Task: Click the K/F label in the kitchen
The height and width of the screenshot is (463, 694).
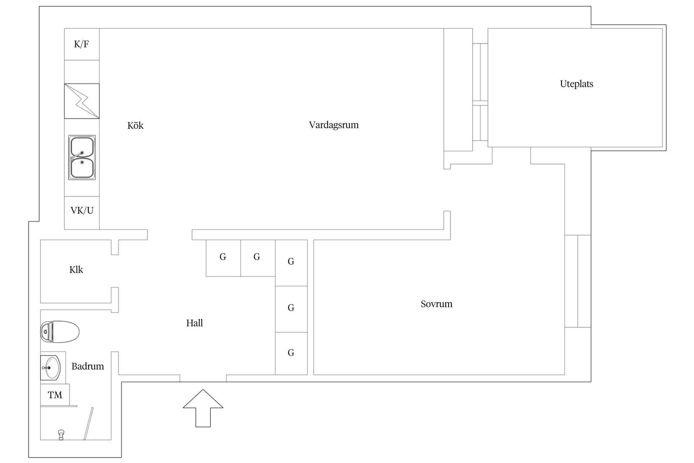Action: (x=81, y=44)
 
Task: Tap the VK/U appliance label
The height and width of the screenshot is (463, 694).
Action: (x=82, y=211)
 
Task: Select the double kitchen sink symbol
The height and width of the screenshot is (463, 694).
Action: (x=82, y=158)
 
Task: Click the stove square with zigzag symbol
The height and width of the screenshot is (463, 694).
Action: (x=82, y=101)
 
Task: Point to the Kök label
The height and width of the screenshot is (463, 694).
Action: (x=136, y=126)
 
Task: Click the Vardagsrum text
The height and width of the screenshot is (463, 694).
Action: (x=334, y=125)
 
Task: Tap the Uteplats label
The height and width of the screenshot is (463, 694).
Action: (x=577, y=84)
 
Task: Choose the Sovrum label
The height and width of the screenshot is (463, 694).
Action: (x=437, y=304)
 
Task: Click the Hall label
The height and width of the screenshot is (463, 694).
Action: (x=194, y=323)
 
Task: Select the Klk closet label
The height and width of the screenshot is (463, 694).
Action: (x=76, y=269)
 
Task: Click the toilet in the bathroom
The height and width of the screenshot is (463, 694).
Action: (x=60, y=332)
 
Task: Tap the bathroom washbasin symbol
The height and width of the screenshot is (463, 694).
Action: (x=50, y=368)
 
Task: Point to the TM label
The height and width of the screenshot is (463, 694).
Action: (x=55, y=395)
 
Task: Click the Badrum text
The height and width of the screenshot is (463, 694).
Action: (x=88, y=366)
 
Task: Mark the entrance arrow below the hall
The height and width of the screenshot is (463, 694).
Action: (x=203, y=408)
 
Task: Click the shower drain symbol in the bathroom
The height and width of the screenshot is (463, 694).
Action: (x=61, y=434)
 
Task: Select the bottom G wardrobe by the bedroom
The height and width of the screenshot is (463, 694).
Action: (x=291, y=353)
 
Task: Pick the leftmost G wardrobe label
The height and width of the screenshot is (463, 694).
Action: (x=223, y=257)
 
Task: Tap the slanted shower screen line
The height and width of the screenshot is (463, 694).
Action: (x=89, y=424)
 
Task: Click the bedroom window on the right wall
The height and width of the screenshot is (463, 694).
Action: (x=578, y=281)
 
